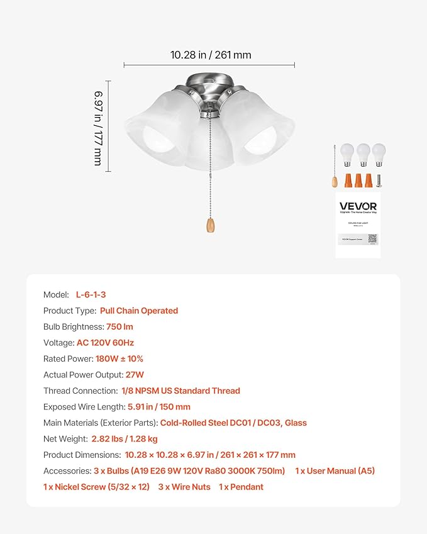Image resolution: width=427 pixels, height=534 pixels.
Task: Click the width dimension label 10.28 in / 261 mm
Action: (210, 55)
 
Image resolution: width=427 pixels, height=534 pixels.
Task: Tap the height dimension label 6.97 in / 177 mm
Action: (98, 127)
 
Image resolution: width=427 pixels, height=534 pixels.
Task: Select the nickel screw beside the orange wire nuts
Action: (380, 181)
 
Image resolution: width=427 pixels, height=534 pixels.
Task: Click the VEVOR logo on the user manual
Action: (358, 206)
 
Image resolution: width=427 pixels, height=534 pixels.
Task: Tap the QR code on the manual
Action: (372, 238)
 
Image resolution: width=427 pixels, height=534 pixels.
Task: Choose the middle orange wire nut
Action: (358, 181)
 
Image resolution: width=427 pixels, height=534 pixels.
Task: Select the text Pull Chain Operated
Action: (139, 311)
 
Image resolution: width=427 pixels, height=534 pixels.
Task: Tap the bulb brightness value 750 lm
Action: (119, 326)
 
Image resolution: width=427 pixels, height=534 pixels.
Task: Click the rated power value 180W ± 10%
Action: (119, 359)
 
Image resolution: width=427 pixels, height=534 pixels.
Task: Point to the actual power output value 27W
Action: (135, 375)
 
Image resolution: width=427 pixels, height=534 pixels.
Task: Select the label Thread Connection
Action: (80, 391)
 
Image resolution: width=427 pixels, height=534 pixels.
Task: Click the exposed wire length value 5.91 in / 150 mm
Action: (158, 407)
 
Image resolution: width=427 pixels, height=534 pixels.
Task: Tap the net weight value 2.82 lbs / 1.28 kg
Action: (125, 438)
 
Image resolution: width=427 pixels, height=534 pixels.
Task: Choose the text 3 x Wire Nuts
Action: (182, 487)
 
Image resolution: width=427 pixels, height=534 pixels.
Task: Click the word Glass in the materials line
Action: (296, 423)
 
